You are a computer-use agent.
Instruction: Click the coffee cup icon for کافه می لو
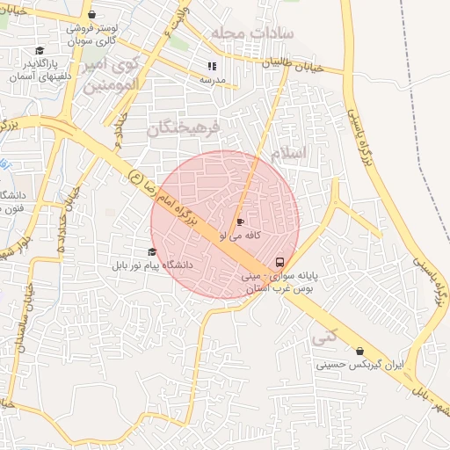tap(240, 222)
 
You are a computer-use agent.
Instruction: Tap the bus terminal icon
tap(279, 262)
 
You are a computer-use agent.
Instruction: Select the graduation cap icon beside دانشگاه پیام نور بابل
tap(152, 251)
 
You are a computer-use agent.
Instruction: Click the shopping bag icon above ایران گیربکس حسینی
tap(359, 351)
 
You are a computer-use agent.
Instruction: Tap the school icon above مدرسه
tap(212, 66)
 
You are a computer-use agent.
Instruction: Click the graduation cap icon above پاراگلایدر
tap(39, 52)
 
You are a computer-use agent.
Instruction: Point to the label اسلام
tap(289, 153)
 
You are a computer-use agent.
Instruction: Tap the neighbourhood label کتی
tap(325, 336)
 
